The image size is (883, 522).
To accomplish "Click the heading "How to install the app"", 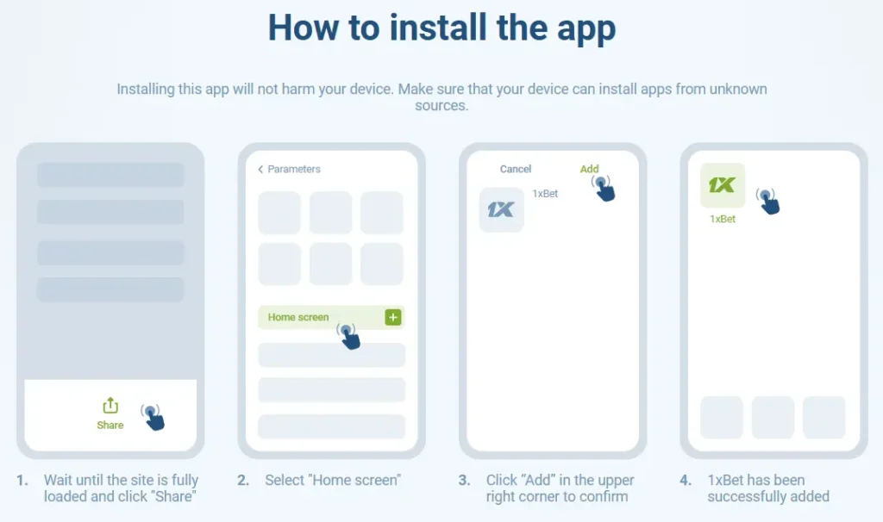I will (x=441, y=28).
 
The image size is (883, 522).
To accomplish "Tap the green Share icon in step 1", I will (x=110, y=406).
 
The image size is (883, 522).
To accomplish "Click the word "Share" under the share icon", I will (x=110, y=426).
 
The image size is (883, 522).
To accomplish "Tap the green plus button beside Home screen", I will (x=393, y=317).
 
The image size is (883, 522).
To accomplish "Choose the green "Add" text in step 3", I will (x=589, y=170).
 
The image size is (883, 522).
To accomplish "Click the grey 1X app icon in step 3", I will (x=501, y=210).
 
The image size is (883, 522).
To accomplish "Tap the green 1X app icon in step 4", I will (x=722, y=185).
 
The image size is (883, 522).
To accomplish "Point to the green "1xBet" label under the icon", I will (x=722, y=220).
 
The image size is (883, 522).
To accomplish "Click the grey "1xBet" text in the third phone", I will (x=545, y=194).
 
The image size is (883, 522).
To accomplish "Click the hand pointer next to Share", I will (x=153, y=417).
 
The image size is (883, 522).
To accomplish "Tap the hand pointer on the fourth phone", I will (x=768, y=201).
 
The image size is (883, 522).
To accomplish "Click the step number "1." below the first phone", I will (x=22, y=481).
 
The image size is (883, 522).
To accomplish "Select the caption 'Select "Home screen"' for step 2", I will (x=333, y=481).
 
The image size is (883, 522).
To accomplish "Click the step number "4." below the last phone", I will (x=686, y=481).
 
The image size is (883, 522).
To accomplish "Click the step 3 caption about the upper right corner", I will (x=560, y=488).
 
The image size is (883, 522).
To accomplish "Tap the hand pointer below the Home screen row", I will (x=348, y=335).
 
